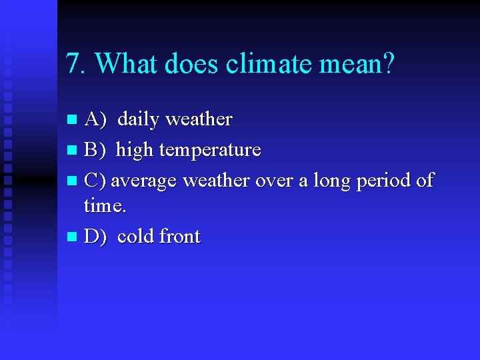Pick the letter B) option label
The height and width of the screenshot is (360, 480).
coord(95,150)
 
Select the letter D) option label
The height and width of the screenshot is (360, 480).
coord(95,237)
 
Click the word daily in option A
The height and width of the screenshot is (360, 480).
coord(138,120)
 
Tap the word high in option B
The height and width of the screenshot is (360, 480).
coord(135,150)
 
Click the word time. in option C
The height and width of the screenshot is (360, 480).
coord(105,206)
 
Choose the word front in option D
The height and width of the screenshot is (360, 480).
coord(179,237)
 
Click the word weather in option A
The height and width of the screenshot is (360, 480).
coord(199,120)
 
